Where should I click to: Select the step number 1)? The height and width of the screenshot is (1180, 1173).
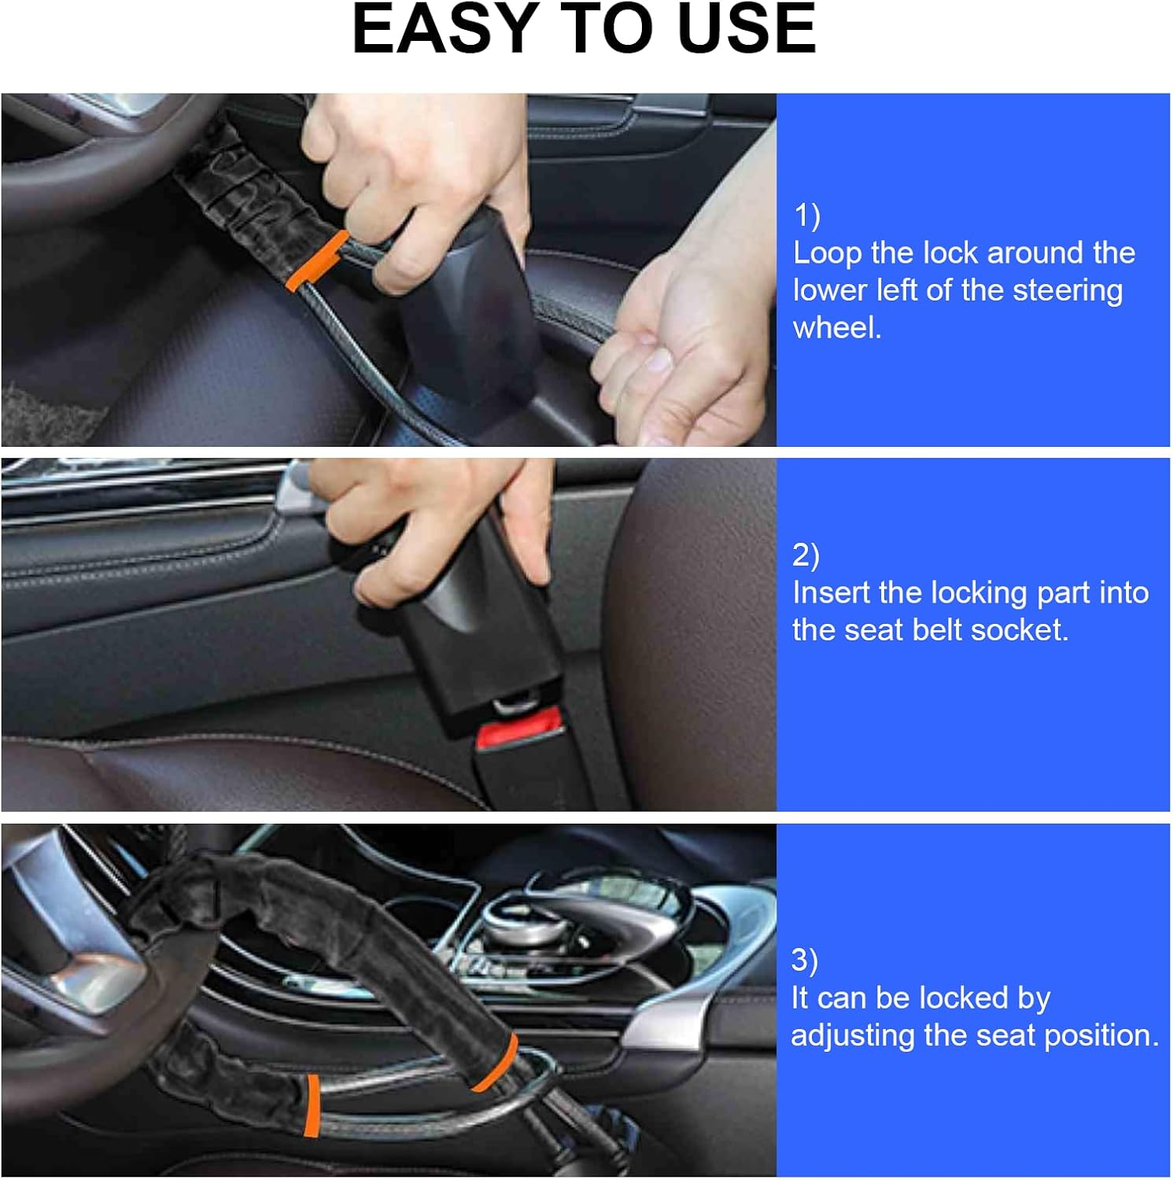pos(806,215)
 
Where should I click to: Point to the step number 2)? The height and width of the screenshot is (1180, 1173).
pos(806,555)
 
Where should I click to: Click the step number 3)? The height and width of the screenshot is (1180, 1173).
pos(804,960)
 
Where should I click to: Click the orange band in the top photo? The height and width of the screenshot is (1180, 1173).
pos(318,260)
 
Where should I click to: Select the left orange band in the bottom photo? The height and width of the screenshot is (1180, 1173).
pos(313,1105)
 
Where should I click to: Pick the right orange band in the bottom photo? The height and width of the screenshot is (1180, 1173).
pos(496,1063)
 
